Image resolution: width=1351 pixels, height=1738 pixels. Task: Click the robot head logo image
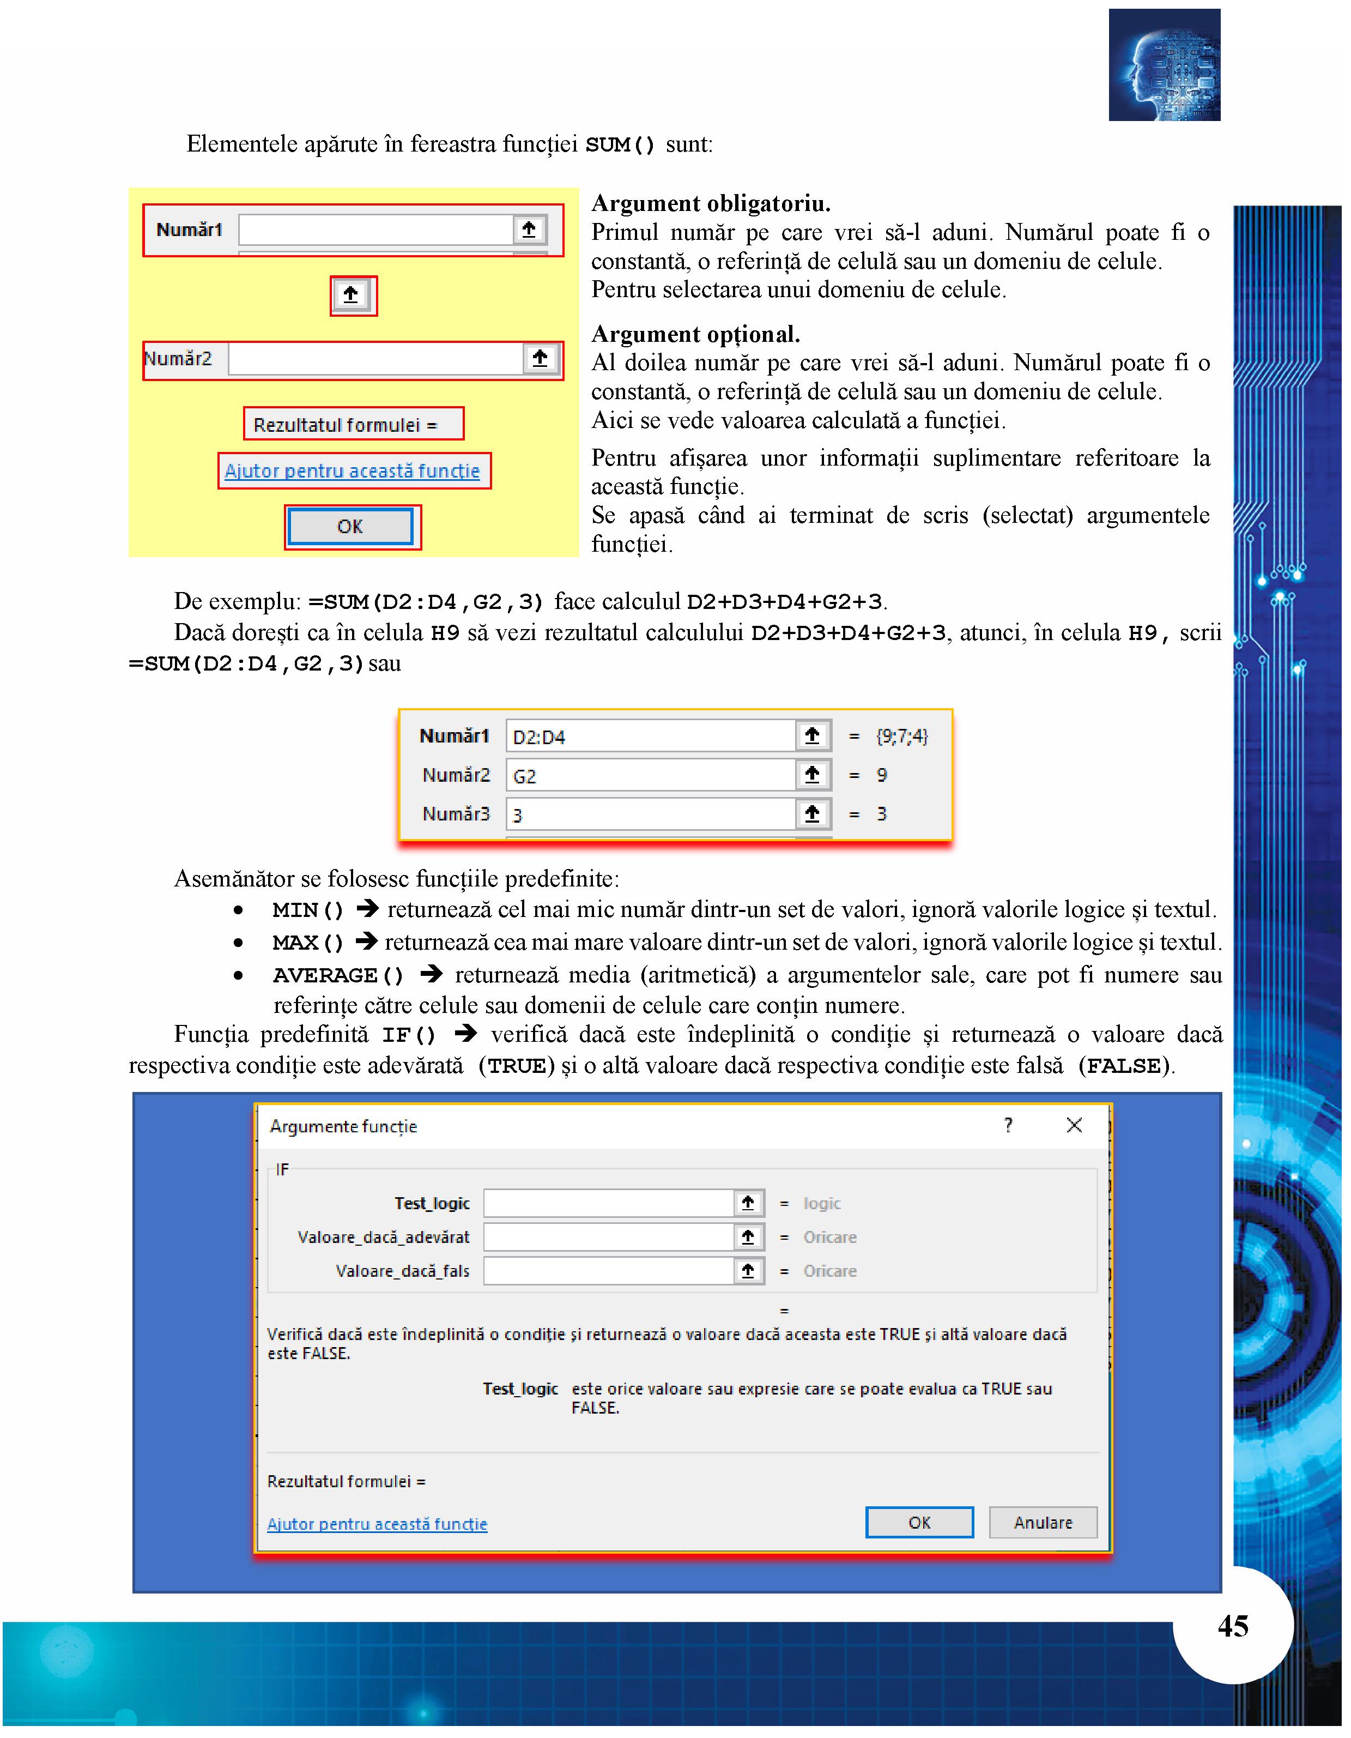1164,65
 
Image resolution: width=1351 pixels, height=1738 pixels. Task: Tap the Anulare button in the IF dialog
1043,1522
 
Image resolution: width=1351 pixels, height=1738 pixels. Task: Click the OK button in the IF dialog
919,1522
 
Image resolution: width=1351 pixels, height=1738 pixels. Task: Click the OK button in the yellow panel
350,527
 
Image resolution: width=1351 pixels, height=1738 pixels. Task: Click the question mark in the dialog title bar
1008,1125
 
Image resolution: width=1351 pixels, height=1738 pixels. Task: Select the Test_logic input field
609,1203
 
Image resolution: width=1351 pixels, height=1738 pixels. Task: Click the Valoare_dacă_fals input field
609,1271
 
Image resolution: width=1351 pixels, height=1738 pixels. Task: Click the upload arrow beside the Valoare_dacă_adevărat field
748,1236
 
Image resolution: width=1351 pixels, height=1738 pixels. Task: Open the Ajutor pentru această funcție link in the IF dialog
377,1524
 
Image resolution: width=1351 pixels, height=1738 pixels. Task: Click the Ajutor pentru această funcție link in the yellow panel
353,471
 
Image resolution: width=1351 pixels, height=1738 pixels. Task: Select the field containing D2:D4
650,736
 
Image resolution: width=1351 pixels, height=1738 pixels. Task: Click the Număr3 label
456,814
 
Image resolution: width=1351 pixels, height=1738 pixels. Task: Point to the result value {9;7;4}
901,736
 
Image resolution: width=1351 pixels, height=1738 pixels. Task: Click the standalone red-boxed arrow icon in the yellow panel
351,295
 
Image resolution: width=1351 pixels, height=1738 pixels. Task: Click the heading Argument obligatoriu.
711,204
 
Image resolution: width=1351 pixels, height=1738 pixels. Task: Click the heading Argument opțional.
695,334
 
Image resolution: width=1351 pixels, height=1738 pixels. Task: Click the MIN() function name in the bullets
308,909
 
